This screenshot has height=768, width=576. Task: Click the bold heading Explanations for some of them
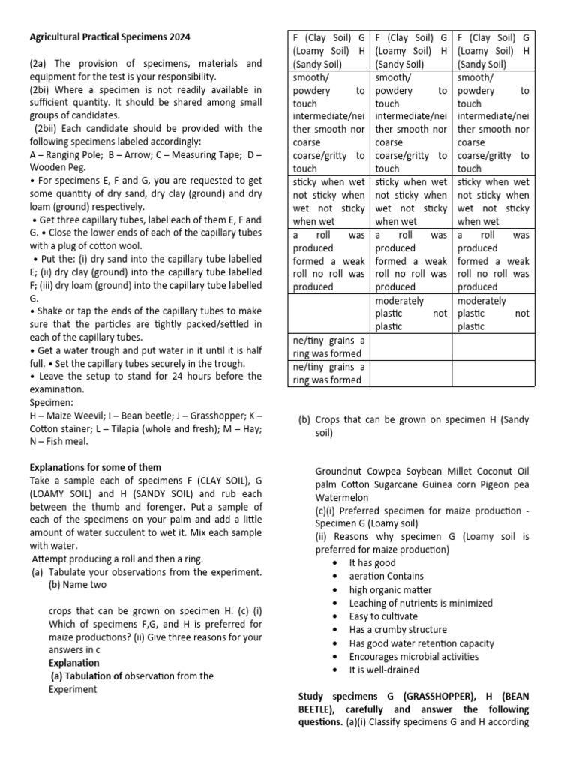coord(94,467)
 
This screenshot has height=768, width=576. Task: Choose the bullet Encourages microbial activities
coord(413,656)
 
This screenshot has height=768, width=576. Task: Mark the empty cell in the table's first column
coord(329,313)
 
